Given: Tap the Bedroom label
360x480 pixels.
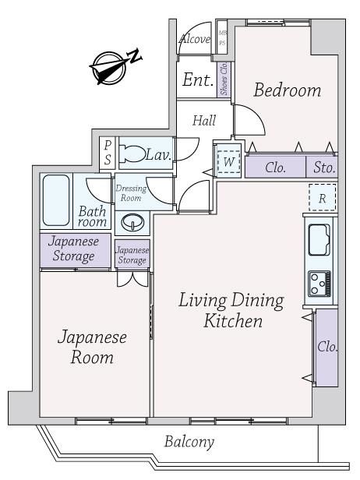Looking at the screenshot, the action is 288,90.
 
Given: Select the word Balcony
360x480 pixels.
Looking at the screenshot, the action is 189,442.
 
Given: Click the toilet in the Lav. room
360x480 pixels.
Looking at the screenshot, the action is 132,154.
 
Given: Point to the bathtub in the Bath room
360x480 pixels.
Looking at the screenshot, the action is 56,200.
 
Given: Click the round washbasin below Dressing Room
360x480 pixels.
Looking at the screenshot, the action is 132,221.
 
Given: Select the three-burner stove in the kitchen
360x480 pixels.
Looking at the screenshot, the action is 319,284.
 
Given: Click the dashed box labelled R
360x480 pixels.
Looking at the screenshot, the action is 323,197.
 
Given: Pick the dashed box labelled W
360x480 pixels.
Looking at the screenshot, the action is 228,162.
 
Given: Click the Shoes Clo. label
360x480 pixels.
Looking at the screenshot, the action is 224,79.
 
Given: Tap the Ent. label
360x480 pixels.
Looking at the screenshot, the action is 197,80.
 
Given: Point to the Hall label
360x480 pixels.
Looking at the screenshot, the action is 204,120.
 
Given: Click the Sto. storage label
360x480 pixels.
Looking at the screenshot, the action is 324,168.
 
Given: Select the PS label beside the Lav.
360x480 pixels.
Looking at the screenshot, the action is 108,152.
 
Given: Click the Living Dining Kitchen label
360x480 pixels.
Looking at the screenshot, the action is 231,310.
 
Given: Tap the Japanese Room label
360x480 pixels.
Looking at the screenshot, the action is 92,348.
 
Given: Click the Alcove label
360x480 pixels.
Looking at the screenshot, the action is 195,39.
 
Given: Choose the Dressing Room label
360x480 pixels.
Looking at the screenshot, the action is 131,193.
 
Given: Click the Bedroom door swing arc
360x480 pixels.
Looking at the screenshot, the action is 256,114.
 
